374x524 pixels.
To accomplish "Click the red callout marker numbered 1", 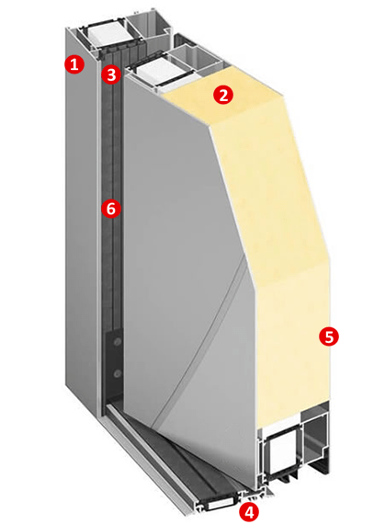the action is (74, 63).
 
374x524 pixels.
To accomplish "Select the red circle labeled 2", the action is (223, 95).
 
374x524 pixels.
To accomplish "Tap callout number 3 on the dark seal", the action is (111, 74).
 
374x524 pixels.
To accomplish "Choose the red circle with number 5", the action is (329, 336).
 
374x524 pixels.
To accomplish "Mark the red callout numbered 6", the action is (111, 209).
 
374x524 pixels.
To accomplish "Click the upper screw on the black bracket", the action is (118, 342).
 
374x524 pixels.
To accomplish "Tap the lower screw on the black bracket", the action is (117, 373).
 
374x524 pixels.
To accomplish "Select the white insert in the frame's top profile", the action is (105, 34).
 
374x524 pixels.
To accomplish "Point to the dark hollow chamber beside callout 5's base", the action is (315, 440).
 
